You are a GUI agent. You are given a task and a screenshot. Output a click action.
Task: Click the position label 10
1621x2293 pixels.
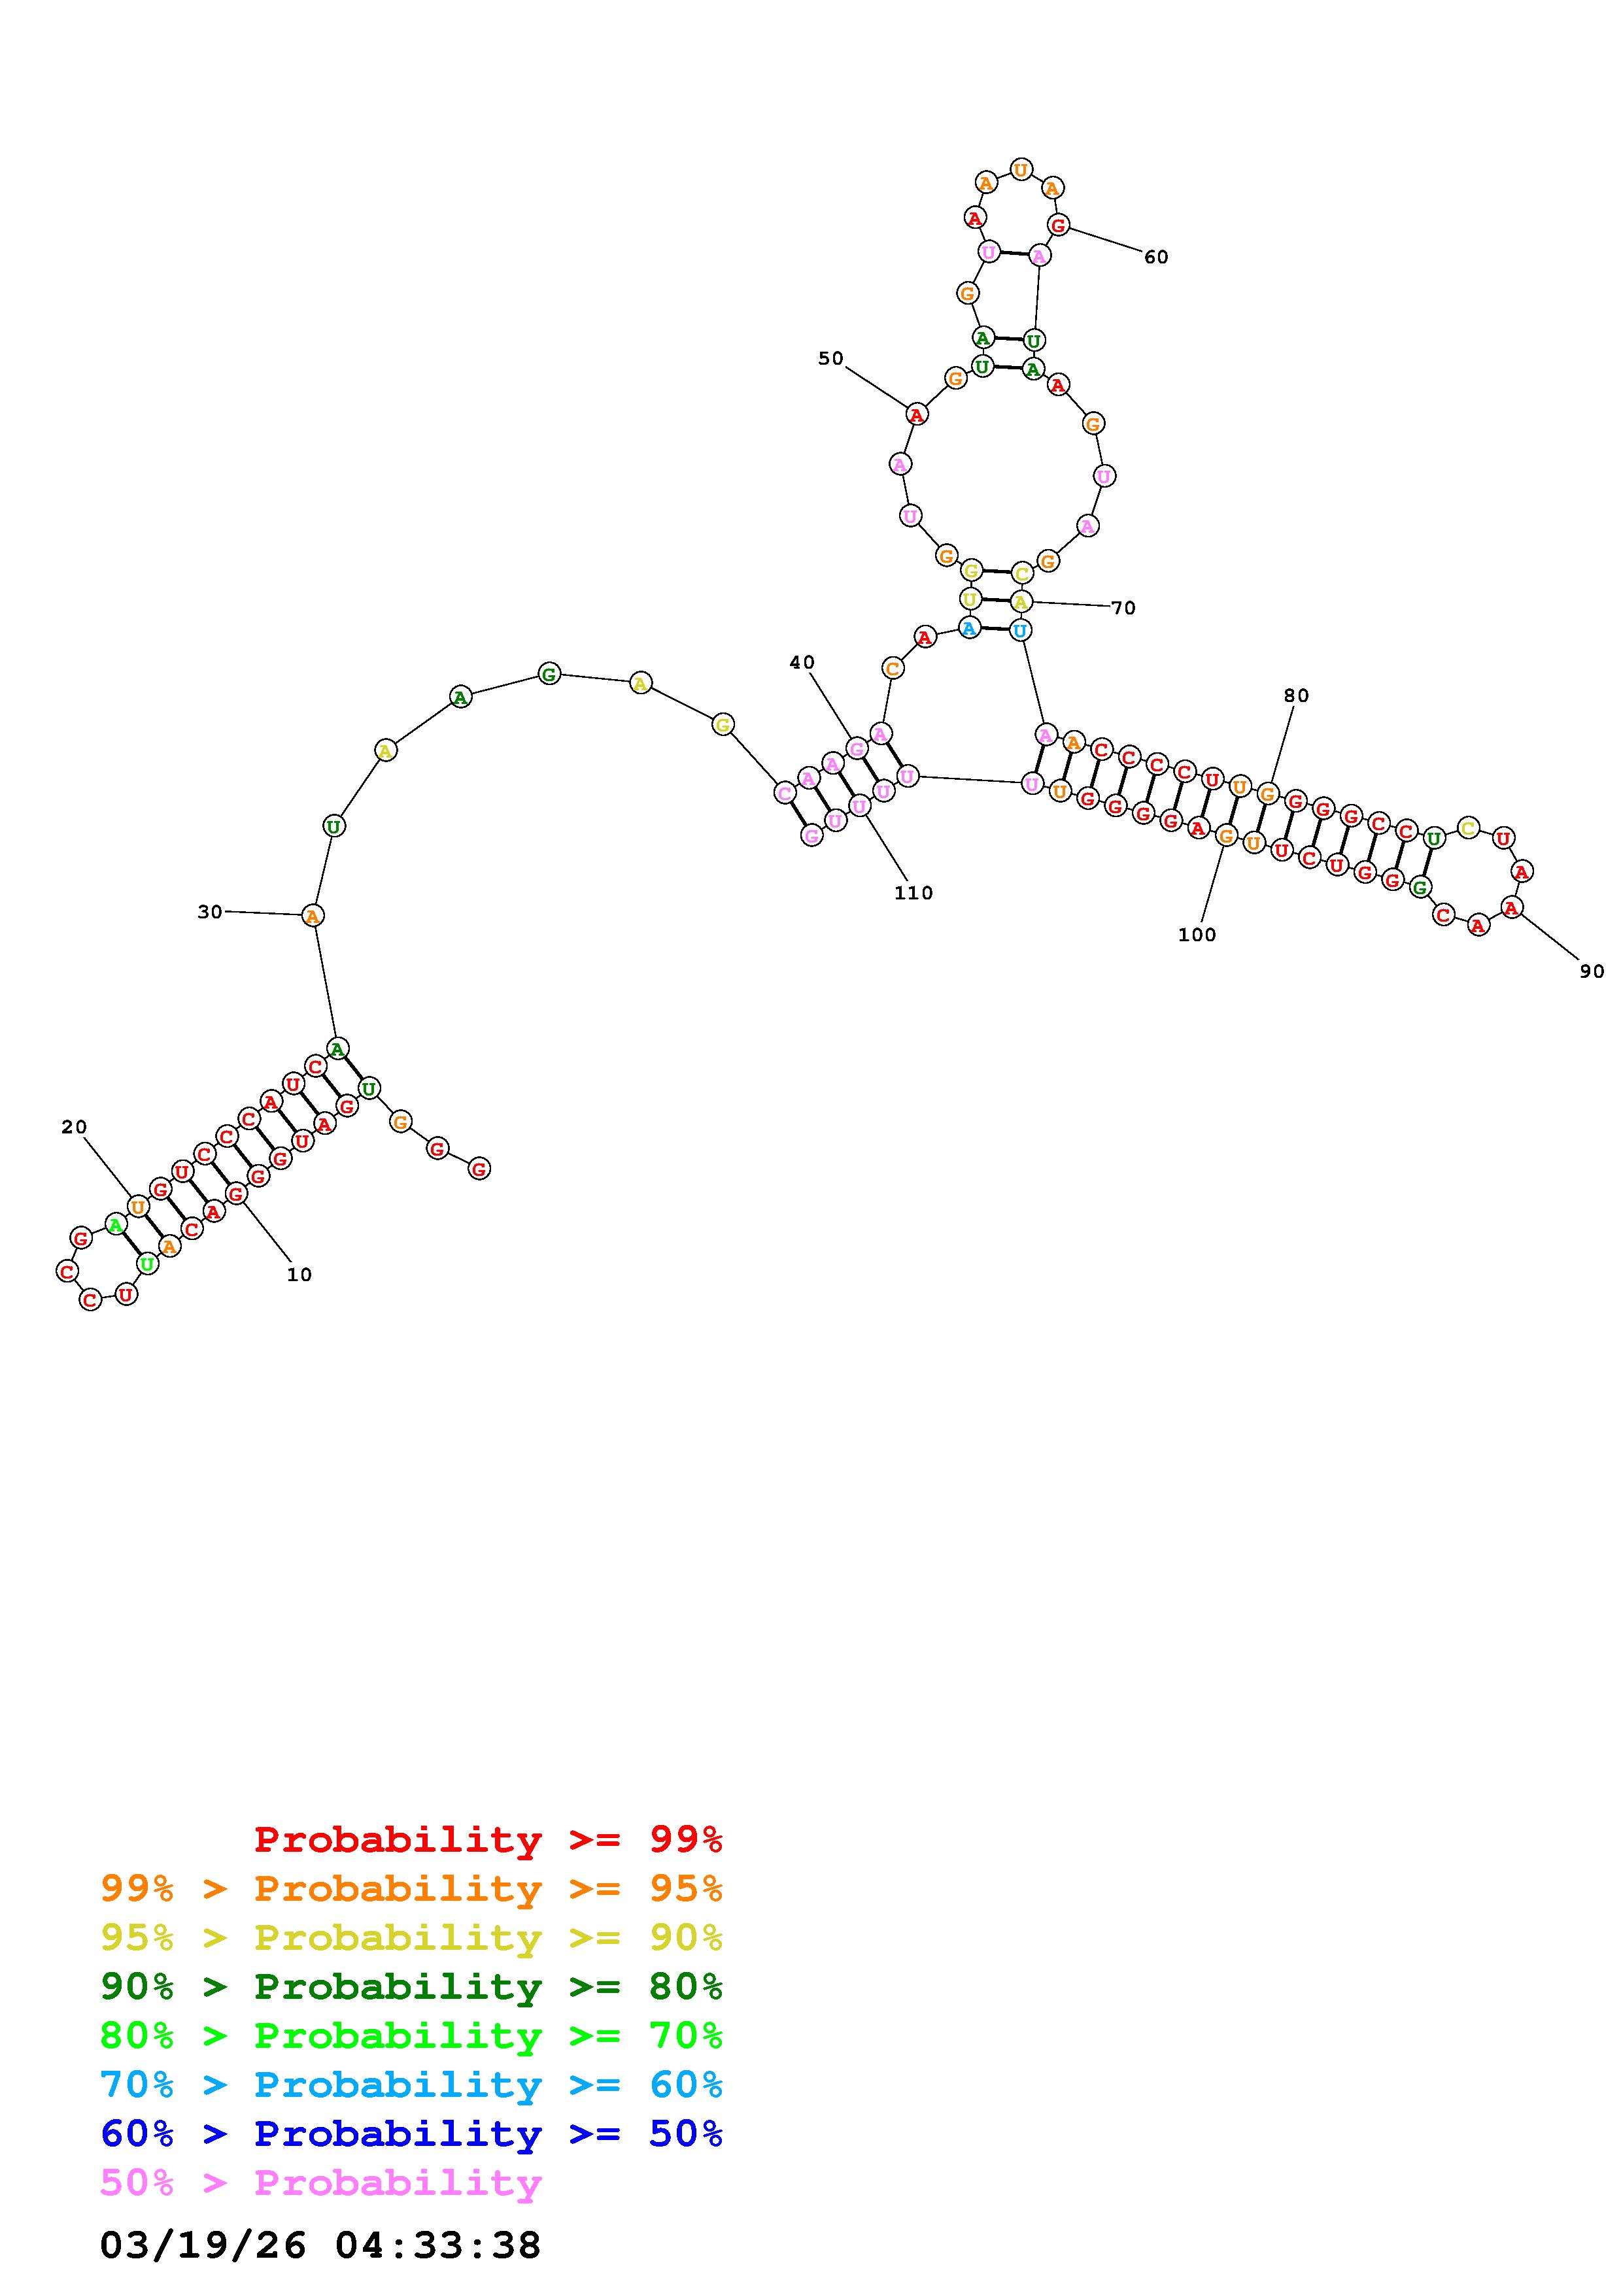pyautogui.click(x=299, y=1275)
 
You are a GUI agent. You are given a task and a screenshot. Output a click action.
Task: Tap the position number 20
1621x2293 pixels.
pyautogui.click(x=74, y=1128)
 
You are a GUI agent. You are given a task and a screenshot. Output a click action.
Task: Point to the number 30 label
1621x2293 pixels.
pyautogui.click(x=210, y=912)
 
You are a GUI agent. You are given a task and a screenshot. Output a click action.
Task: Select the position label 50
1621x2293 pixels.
pyautogui.click(x=830, y=359)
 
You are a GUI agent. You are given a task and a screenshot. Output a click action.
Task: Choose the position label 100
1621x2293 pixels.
pyautogui.click(x=1197, y=935)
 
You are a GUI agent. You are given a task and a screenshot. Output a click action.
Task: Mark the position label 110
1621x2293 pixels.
pyautogui.click(x=913, y=893)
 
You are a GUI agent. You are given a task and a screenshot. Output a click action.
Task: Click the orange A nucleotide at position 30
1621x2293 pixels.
pyautogui.click(x=313, y=916)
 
